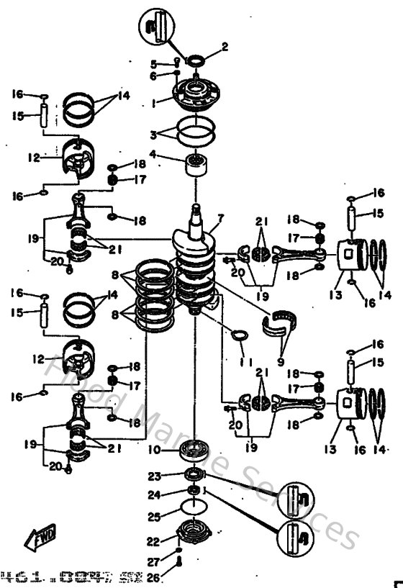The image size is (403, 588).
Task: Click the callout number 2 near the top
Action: coord(224,48)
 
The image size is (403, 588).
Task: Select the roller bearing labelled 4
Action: coord(194,165)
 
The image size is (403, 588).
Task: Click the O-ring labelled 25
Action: coord(193,512)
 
